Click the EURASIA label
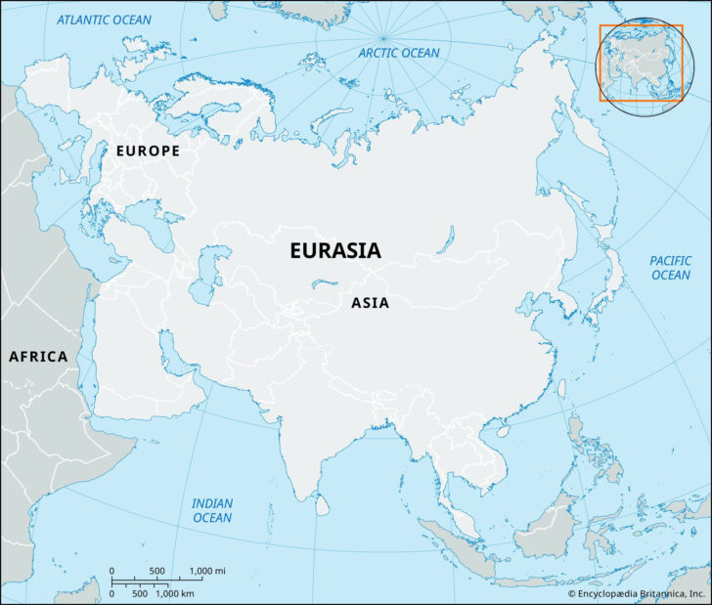[x=335, y=251]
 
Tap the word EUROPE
[x=148, y=151]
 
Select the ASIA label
[x=370, y=303]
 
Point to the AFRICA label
[x=38, y=357]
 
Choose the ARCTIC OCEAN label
[x=399, y=53]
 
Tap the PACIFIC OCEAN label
[x=670, y=268]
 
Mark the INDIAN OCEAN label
[x=212, y=510]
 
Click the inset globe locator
[x=641, y=63]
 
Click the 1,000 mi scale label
[x=207, y=571]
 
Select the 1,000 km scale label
[x=175, y=593]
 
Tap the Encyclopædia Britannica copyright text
[x=637, y=593]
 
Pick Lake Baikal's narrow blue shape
[x=447, y=238]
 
